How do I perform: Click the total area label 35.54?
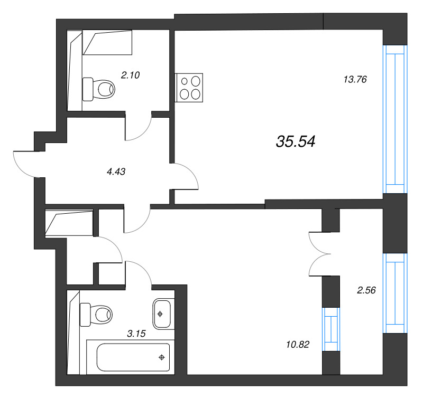click(296, 141)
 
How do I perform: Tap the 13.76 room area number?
click(355, 80)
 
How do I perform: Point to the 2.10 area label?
click(130, 75)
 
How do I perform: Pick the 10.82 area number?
click(296, 344)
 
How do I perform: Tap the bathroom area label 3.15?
click(136, 333)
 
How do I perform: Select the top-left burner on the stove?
click(185, 81)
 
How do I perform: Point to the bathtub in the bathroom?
click(133, 357)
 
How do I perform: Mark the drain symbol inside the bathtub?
click(162, 357)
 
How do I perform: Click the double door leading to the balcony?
click(319, 254)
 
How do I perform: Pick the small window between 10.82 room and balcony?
click(330, 329)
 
